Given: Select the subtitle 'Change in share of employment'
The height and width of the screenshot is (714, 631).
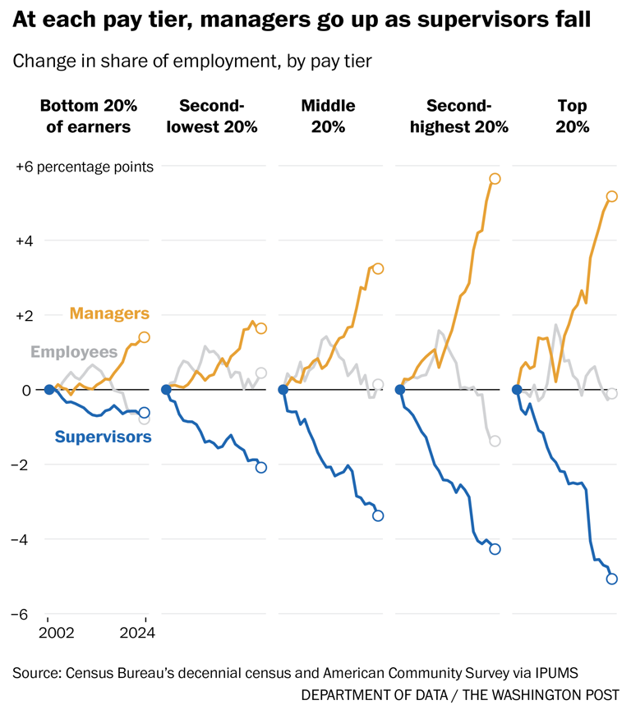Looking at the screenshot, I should click(192, 61).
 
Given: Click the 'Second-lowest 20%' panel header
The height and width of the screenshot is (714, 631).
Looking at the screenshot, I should click(212, 116).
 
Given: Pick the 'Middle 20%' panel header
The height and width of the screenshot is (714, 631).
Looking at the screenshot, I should click(328, 116).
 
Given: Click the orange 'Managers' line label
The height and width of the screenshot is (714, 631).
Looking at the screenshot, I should click(109, 314).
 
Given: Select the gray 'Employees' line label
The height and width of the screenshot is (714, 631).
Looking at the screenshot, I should click(74, 352).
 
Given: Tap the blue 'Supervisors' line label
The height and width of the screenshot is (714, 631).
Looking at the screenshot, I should click(103, 437).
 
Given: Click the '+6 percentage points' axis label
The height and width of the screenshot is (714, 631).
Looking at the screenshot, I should click(85, 167).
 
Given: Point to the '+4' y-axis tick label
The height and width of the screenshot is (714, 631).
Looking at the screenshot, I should click(27, 241).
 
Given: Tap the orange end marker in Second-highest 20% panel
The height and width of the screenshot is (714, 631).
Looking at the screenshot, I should click(495, 179).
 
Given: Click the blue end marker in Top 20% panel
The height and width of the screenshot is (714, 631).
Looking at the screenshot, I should click(611, 579).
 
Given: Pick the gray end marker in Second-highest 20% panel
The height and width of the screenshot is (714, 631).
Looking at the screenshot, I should click(495, 441).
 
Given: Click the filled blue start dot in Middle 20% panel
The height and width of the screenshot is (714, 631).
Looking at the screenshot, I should click(283, 390).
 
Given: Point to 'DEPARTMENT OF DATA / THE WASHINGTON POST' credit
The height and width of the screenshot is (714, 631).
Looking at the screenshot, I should click(460, 695).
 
